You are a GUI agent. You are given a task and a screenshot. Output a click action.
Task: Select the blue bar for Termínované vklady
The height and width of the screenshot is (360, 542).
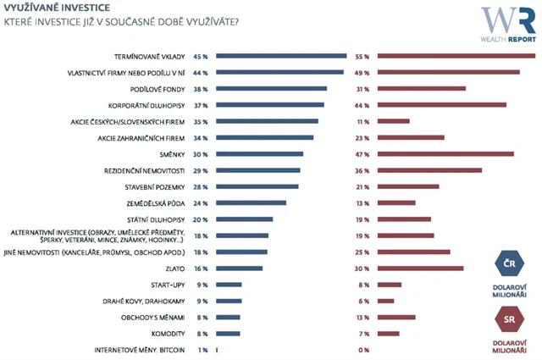[x=282, y=56]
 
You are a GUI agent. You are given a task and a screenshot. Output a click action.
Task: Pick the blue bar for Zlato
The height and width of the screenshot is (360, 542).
[x=240, y=269]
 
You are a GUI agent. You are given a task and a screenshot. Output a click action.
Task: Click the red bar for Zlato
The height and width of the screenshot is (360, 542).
[x=421, y=269]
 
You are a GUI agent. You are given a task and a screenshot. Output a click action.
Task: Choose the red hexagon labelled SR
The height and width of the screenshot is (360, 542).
[x=506, y=320]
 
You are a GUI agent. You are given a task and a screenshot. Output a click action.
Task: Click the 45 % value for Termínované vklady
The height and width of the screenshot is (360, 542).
[x=200, y=56]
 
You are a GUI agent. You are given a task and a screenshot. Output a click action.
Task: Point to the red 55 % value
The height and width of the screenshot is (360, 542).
[x=362, y=56]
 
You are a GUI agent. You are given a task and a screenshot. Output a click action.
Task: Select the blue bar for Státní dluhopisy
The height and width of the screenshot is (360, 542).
[x=245, y=219]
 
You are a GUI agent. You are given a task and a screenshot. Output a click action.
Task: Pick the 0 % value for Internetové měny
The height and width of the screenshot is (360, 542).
[x=364, y=350]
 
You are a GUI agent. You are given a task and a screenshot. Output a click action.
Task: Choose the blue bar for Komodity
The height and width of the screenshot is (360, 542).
[x=229, y=334]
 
